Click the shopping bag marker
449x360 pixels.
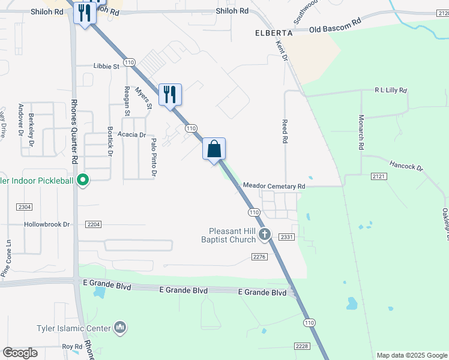point(214,148)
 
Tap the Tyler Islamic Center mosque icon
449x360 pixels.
point(120,328)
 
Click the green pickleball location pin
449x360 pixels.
point(84,179)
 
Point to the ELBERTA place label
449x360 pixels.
point(273,34)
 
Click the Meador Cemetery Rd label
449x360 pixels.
point(274,187)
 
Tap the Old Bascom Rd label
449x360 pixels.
point(335,25)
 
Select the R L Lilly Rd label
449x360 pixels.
point(391,91)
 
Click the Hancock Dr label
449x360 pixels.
point(406,164)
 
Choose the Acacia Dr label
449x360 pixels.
point(132,135)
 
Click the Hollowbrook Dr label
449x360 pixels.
point(47,224)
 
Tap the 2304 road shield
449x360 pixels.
point(25,206)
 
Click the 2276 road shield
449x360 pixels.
point(258,257)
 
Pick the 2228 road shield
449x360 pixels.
point(301,346)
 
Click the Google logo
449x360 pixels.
point(20,353)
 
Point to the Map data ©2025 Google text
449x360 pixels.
point(411,355)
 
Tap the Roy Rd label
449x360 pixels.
point(71,347)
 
